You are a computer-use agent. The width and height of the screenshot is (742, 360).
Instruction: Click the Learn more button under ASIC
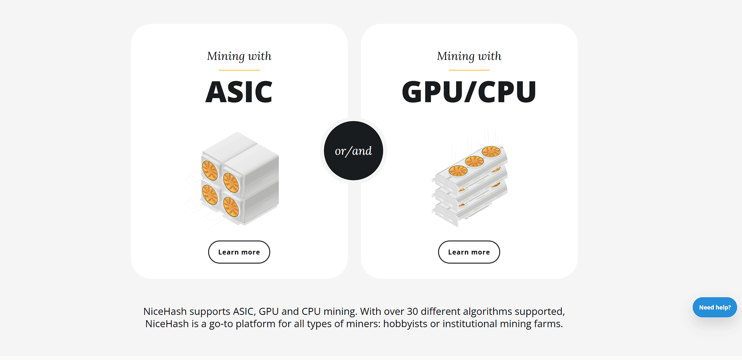(239, 252)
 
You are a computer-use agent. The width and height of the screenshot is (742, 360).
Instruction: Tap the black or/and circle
(353, 151)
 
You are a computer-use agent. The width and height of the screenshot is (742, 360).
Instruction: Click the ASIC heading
(239, 92)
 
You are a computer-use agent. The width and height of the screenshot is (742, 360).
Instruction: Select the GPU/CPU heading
(469, 92)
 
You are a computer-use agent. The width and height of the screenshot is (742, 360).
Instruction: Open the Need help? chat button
(714, 307)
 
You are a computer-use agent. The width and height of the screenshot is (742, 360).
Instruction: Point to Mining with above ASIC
(239, 56)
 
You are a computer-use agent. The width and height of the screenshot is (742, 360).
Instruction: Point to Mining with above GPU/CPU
(469, 56)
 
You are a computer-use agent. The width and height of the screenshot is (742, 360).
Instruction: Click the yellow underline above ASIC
(239, 70)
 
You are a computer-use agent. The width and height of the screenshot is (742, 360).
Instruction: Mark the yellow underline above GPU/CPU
(469, 70)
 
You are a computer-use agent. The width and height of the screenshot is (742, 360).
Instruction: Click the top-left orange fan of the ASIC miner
(210, 170)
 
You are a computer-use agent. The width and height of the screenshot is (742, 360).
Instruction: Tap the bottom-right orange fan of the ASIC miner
(231, 206)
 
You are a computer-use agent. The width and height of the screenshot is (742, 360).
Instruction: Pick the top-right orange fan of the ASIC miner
(231, 182)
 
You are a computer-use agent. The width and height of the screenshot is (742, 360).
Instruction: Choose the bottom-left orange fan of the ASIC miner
(210, 195)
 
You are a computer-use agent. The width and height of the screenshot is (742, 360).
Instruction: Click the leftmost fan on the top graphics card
(458, 170)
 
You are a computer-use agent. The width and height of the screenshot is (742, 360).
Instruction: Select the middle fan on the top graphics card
(474, 161)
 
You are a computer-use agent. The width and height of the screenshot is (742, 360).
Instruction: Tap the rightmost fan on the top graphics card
(491, 152)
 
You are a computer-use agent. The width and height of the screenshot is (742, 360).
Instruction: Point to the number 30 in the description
(412, 312)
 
